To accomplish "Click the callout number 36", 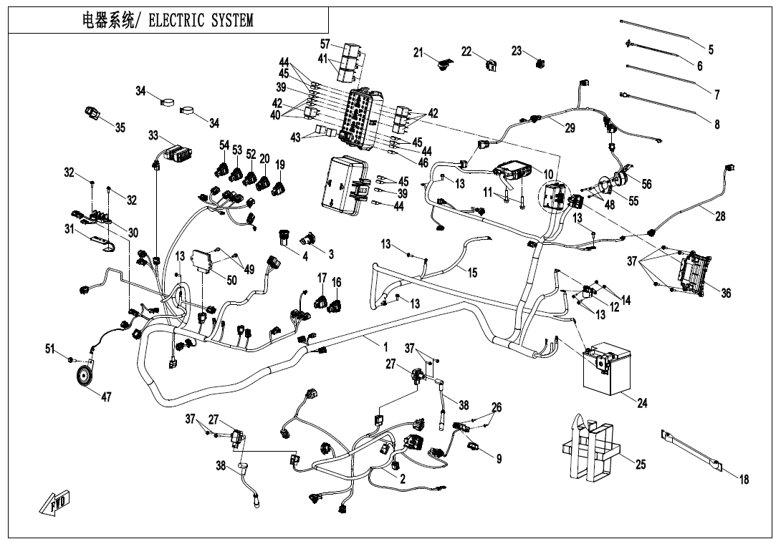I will (x=726, y=293).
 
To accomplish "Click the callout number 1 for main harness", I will (x=376, y=346).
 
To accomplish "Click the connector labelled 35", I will (x=92, y=113).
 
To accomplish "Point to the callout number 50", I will (x=231, y=280).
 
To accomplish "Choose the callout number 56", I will (x=646, y=184).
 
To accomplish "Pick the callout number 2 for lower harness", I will (x=403, y=479).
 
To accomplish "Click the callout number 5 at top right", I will (x=711, y=49).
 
